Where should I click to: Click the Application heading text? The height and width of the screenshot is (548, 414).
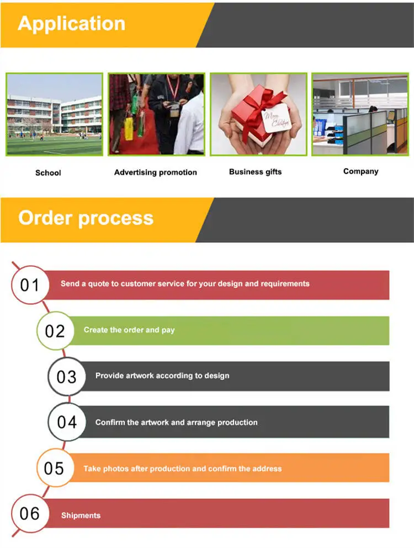pyautogui.click(x=71, y=24)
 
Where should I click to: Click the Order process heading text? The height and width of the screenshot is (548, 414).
pyautogui.click(x=86, y=219)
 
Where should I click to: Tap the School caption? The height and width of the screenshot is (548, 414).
pyautogui.click(x=48, y=173)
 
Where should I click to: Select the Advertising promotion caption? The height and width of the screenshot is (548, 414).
pyautogui.click(x=155, y=173)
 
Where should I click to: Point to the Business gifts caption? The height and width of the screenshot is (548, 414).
pyautogui.click(x=255, y=172)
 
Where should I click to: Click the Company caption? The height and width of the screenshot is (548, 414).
pyautogui.click(x=361, y=171)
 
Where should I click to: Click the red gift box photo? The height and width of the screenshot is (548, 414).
pyautogui.click(x=259, y=114)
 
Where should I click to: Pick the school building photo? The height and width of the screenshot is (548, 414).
pyautogui.click(x=54, y=114)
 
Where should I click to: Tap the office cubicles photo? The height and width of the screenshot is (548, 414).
pyautogui.click(x=360, y=114)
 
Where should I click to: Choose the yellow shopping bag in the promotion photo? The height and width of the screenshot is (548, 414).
pyautogui.click(x=129, y=128)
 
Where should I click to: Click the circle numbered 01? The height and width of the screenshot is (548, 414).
pyautogui.click(x=30, y=285)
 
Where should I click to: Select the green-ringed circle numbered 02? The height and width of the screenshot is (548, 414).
pyautogui.click(x=55, y=331)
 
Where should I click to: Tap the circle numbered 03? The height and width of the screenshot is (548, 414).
pyautogui.click(x=66, y=377)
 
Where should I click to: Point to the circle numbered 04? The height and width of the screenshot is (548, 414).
pyautogui.click(x=66, y=422)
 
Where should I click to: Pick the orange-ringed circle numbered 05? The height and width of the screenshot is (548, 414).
pyautogui.click(x=55, y=468)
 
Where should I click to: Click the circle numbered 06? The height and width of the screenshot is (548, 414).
pyautogui.click(x=30, y=513)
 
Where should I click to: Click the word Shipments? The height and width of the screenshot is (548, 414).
pyautogui.click(x=81, y=515)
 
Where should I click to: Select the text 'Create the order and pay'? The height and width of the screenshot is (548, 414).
pyautogui.click(x=129, y=330)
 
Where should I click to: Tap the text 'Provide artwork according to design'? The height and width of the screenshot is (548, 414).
pyautogui.click(x=162, y=375)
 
